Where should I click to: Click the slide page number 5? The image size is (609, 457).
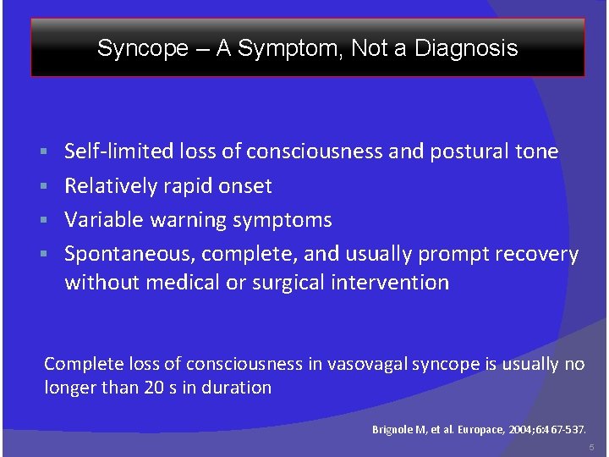pyautogui.click(x=592, y=447)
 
